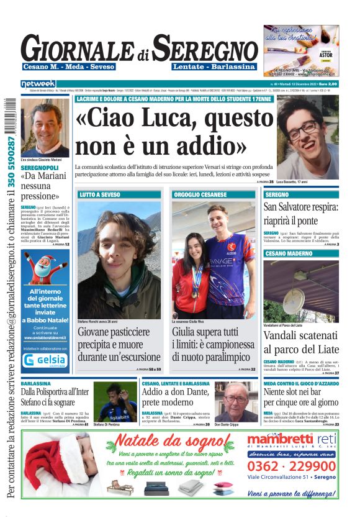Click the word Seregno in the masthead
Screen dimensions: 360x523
205,48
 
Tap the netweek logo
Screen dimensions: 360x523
38,84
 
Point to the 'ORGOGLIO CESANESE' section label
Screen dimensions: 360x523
200,195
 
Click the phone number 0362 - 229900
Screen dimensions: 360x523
291,466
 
